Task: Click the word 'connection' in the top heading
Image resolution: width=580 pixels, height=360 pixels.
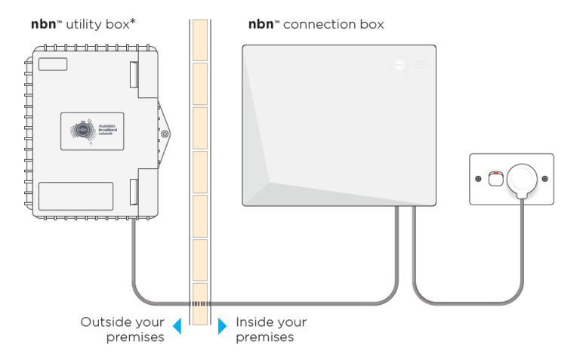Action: coord(313,24)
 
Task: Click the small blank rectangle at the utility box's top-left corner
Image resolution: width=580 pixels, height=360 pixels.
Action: coord(52,63)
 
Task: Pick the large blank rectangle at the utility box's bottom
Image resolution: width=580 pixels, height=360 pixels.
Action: coord(76,196)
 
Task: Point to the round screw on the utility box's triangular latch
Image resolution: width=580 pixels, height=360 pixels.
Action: coord(164,134)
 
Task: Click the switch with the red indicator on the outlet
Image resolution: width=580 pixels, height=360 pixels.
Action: coord(495,178)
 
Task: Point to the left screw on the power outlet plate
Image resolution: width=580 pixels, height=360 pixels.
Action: coord(478,179)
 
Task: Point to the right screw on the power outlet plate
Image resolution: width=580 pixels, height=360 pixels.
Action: coord(546,179)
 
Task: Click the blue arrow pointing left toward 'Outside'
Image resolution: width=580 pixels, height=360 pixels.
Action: coord(177,326)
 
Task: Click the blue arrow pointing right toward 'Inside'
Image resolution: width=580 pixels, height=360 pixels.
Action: coord(222,326)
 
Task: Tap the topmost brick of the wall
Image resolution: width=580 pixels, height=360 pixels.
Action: coord(199,38)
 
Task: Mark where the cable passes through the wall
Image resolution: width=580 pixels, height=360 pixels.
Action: coord(199,303)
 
